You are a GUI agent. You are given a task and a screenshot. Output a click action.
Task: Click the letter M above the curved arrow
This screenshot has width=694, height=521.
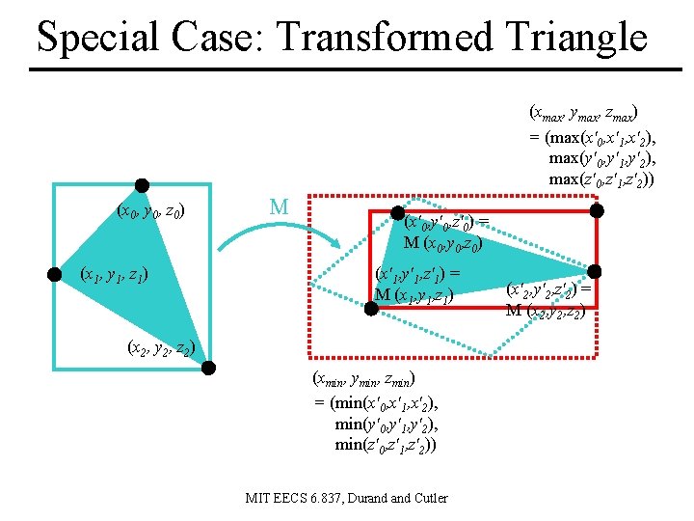280,206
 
